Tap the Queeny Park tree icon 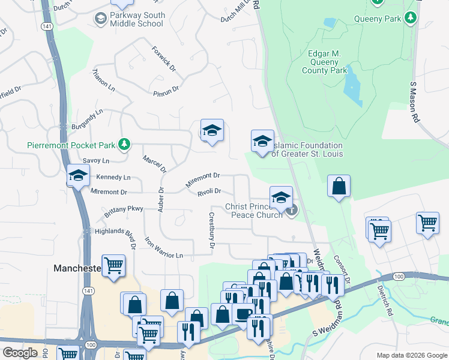click(x=411, y=19)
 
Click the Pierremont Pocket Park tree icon click(x=124, y=144)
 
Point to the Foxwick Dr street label click(x=164, y=59)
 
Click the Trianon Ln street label click(x=103, y=80)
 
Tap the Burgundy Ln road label click(x=88, y=115)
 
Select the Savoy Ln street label click(x=96, y=161)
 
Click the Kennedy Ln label click(x=113, y=178)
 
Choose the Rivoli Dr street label click(x=209, y=192)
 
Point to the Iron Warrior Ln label click(x=163, y=248)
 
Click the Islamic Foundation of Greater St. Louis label click(x=307, y=149)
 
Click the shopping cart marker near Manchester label click(x=113, y=265)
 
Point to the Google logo click(x=20, y=353)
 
